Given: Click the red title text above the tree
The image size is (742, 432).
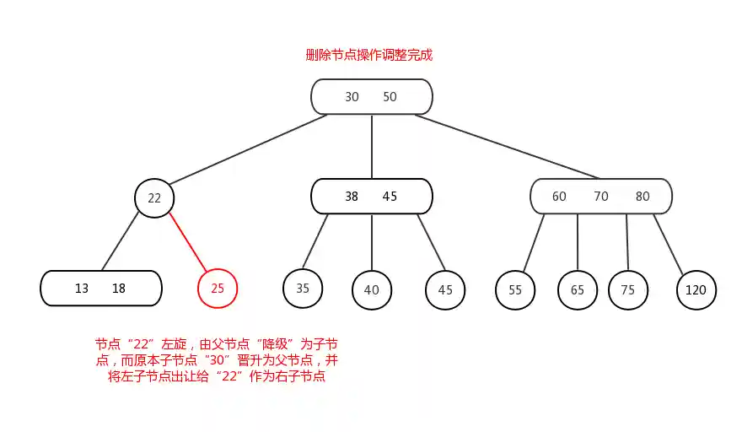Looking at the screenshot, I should tap(369, 55).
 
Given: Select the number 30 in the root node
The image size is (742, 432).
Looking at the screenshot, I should tap(352, 97).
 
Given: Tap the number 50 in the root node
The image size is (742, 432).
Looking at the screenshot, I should tap(390, 97).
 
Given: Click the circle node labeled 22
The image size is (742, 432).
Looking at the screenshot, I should tap(154, 199).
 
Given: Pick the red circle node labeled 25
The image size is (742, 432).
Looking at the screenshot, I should tap(218, 289).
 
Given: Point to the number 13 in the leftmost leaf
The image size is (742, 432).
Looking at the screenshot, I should tap(82, 289).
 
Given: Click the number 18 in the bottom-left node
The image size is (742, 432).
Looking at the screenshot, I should tap(119, 289).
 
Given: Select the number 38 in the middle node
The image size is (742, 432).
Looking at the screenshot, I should tap(352, 197).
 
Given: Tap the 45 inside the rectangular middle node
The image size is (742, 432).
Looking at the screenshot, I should tap(390, 197).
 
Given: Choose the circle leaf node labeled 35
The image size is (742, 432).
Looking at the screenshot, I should tap(303, 288).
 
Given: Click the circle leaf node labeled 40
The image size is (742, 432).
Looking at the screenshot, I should tap(372, 290).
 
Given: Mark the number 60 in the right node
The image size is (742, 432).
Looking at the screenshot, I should tap(559, 197).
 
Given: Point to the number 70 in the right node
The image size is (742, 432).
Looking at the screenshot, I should tap(601, 197).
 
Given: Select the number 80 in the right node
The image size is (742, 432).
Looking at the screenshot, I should tap(643, 197).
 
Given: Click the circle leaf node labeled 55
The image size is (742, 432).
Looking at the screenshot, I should tap(515, 290).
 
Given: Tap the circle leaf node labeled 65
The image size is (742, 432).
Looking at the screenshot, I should tap(578, 290).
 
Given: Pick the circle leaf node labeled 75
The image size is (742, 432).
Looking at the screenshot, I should tap(628, 290).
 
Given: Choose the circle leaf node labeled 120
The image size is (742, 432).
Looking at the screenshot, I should tap(696, 290).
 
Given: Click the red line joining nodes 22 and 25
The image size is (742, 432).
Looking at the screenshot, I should tap(187, 243).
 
